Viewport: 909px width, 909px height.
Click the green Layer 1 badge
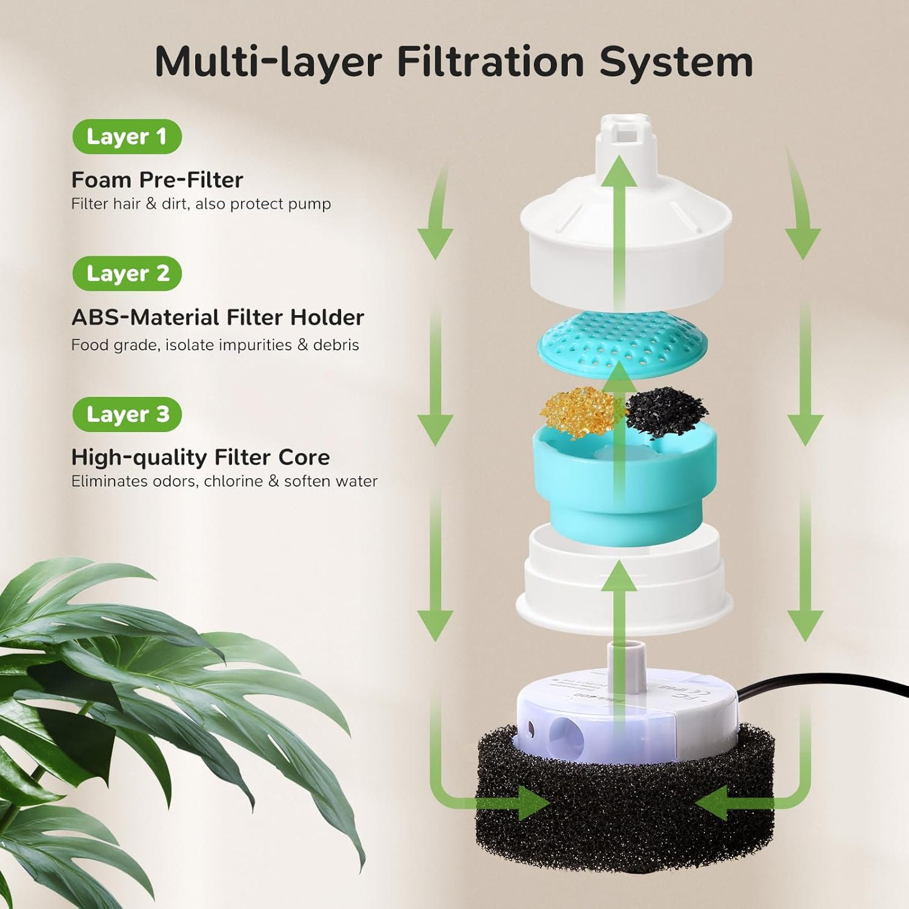tap(127, 137)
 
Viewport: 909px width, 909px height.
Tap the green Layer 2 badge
tap(127, 274)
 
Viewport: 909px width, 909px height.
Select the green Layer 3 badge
tap(127, 415)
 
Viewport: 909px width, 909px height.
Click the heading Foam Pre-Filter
tap(157, 180)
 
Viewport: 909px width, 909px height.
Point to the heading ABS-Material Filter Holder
tap(218, 318)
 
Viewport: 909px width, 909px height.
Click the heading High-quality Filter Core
tap(201, 458)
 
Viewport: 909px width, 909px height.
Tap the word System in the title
tap(676, 62)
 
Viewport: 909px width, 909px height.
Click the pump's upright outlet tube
tap(624, 654)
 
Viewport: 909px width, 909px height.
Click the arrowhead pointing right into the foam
tap(533, 803)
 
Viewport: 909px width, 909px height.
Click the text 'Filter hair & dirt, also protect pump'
tap(201, 204)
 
